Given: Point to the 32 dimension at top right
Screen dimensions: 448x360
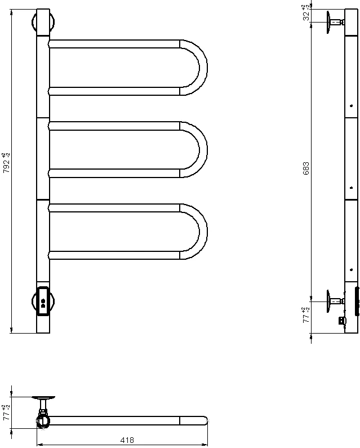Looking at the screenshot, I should (x=305, y=14).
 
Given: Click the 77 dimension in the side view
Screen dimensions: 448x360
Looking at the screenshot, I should (x=305, y=314).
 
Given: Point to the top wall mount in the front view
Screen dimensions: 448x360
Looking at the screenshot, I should (x=43, y=23).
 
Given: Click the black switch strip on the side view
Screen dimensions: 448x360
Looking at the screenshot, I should (x=357, y=301).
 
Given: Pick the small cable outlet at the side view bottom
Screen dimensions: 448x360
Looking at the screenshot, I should (x=341, y=321).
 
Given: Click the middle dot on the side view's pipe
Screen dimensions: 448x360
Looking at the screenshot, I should (x=351, y=187).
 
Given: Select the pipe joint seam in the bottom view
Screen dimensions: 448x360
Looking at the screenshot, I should (x=180, y=420).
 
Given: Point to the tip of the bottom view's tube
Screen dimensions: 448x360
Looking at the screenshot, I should (x=206, y=420).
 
